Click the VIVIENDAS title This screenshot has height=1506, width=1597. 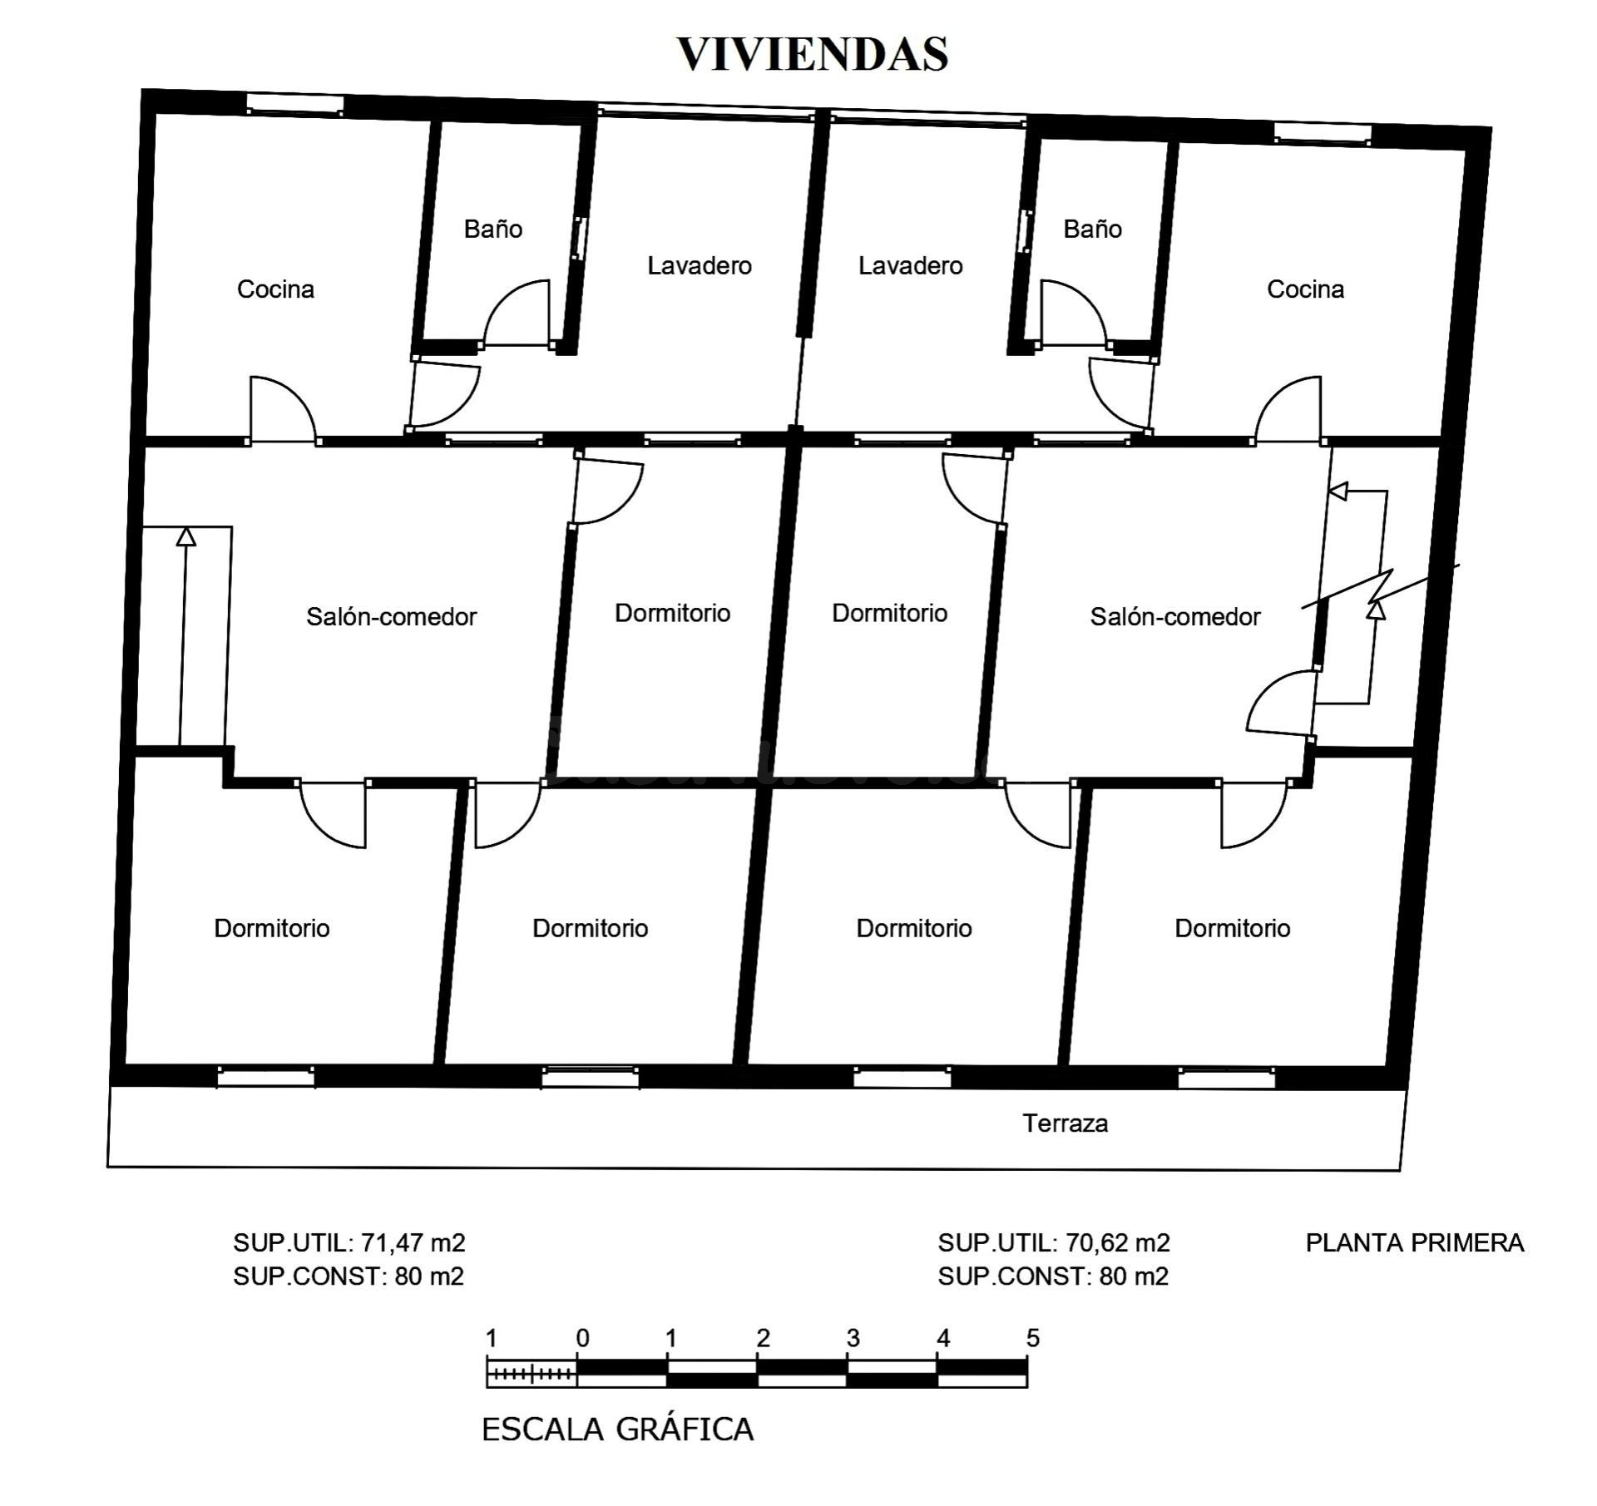point(813,54)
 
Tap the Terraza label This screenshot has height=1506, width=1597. point(1065,1123)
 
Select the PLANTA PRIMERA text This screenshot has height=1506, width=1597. point(1415,1242)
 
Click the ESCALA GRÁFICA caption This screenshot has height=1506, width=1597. point(618,1429)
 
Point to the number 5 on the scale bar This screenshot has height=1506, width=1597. point(1032,1338)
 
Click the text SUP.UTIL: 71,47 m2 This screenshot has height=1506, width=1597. point(349,1242)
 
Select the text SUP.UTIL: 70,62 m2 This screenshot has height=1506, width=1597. point(1054,1242)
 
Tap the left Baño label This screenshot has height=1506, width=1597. point(493,229)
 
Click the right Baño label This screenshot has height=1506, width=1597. point(1092,229)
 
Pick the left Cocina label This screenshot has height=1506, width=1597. point(275,289)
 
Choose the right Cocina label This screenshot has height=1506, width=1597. point(1305,289)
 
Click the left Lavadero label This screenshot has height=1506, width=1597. point(700,265)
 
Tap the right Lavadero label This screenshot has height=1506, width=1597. point(911,265)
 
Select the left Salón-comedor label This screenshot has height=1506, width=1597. point(391,616)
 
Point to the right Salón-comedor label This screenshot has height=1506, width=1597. point(1175,616)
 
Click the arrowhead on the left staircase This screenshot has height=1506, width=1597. point(186,536)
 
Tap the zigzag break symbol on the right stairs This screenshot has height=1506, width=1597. point(1380,587)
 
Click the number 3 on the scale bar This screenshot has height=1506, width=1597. point(853,1338)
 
